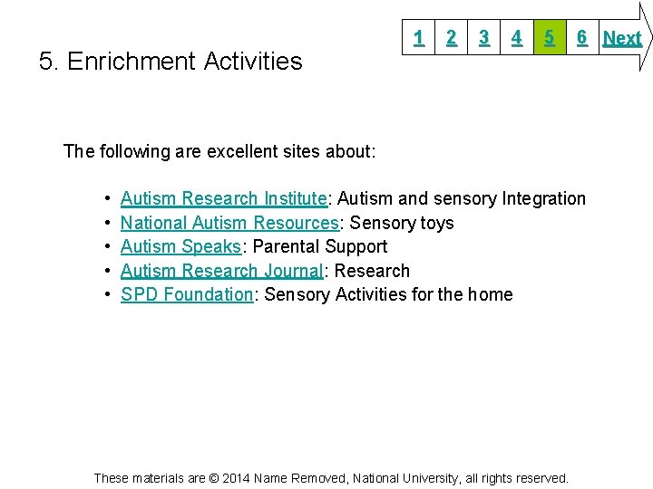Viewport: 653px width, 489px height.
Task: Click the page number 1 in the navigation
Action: tap(418, 37)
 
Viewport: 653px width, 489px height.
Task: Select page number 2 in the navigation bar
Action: tap(451, 37)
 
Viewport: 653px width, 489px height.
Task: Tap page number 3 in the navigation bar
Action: tap(484, 37)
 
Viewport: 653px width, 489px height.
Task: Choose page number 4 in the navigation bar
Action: tap(516, 37)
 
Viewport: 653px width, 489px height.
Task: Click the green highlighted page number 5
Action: tap(549, 37)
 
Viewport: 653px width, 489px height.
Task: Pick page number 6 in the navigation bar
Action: tap(581, 37)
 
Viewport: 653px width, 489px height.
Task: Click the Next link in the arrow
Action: tap(622, 38)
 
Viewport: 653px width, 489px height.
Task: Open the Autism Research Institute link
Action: tap(223, 198)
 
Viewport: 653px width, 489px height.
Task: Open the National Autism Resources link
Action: tap(229, 223)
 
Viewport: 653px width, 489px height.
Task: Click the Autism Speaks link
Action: tap(180, 246)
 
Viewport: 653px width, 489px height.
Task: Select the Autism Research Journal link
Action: tap(221, 271)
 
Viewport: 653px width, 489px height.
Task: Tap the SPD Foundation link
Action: tap(186, 294)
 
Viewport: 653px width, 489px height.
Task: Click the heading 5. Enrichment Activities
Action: tap(171, 62)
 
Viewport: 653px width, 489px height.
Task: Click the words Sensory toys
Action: tap(402, 223)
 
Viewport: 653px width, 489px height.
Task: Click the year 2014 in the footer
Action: tap(235, 477)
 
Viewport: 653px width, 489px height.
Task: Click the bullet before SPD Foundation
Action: tap(107, 294)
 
